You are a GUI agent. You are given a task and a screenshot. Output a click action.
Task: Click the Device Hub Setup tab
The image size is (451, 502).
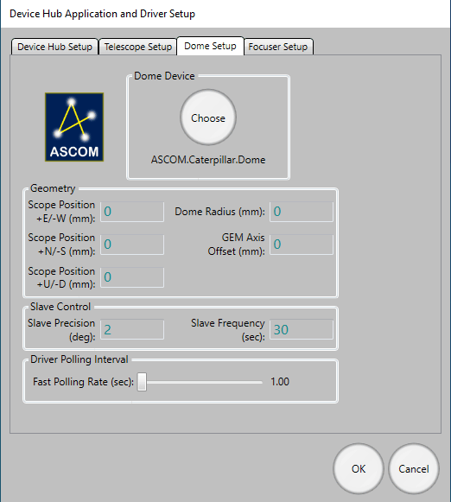click(x=54, y=47)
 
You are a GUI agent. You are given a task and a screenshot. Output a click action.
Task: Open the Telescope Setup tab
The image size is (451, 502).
click(x=138, y=47)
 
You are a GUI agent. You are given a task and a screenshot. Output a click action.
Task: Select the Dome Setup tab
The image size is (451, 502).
click(x=210, y=46)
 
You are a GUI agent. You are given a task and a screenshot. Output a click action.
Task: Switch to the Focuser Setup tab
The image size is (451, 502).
click(x=278, y=47)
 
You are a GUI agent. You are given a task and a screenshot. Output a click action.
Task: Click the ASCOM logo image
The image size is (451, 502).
click(x=74, y=127)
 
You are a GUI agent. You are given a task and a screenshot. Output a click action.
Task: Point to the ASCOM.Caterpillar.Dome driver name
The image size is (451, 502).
click(x=208, y=160)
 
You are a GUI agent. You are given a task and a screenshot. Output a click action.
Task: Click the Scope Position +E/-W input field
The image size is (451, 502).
click(x=132, y=212)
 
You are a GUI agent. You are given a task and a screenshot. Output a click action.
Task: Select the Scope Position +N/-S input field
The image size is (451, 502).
click(x=132, y=245)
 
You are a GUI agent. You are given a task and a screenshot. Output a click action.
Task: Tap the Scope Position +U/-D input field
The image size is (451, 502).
click(x=132, y=277)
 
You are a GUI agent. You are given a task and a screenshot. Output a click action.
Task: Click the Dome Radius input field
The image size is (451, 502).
click(x=302, y=212)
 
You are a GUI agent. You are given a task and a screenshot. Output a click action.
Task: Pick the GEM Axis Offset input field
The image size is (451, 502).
click(x=302, y=245)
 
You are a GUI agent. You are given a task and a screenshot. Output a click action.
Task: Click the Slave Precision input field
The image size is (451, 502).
click(x=132, y=329)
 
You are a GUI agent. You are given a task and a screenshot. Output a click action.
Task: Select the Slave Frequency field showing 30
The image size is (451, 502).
click(x=302, y=329)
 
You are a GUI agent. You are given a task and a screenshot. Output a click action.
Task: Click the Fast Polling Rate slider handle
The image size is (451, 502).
click(x=142, y=382)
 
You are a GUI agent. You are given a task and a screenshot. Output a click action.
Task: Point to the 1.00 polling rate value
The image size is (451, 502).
click(x=280, y=382)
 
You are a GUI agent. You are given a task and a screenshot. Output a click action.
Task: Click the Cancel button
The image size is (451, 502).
click(x=414, y=468)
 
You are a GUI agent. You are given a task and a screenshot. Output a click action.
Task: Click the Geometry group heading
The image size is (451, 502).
click(x=53, y=188)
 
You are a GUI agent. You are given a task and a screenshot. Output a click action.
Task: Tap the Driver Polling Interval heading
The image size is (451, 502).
click(x=79, y=359)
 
